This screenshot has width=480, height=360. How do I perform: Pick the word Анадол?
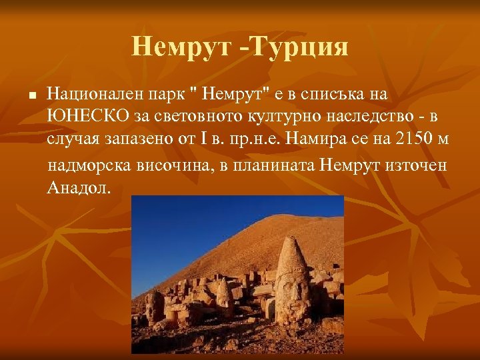pos(79,187)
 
